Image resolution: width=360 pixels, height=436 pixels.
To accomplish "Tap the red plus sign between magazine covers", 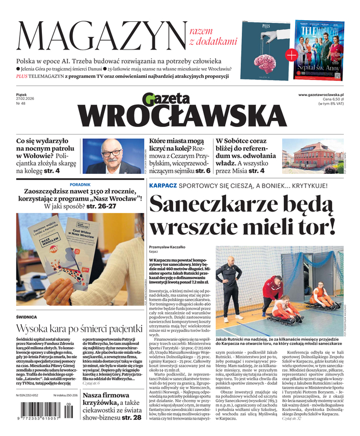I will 292,54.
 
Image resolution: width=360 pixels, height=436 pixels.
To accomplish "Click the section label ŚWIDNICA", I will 27,317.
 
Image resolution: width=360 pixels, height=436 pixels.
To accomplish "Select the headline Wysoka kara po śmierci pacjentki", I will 79,329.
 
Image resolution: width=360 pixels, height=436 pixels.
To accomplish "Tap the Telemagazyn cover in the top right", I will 320,49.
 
